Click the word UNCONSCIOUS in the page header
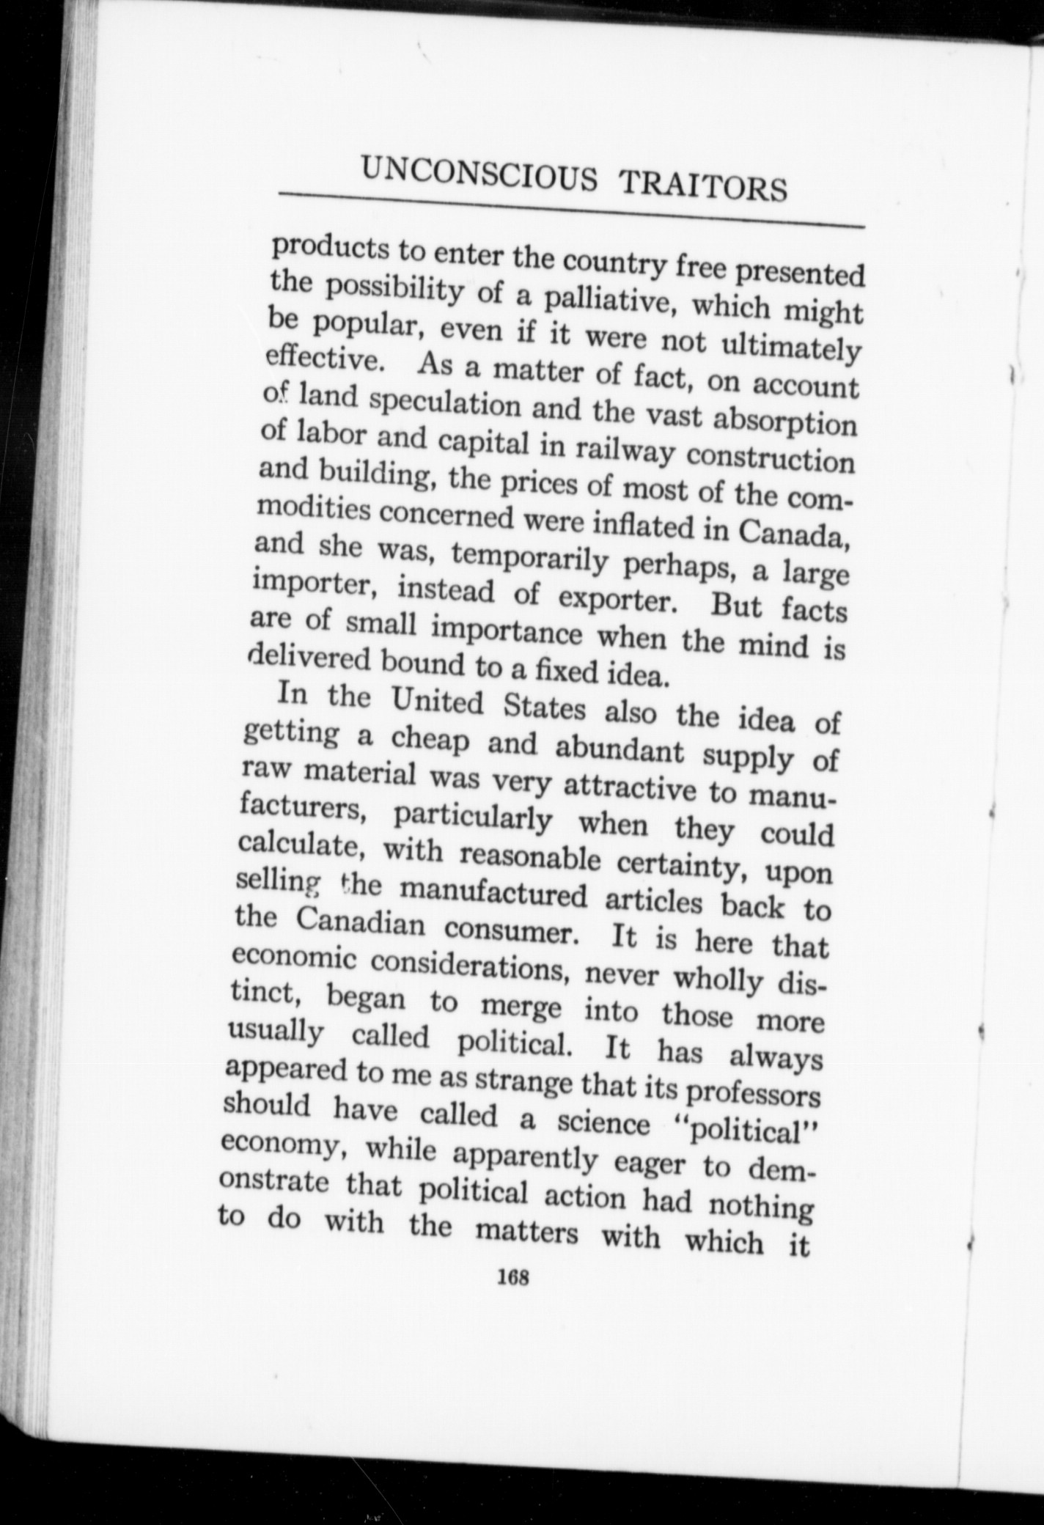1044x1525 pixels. point(479,174)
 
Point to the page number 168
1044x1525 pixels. point(512,1297)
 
